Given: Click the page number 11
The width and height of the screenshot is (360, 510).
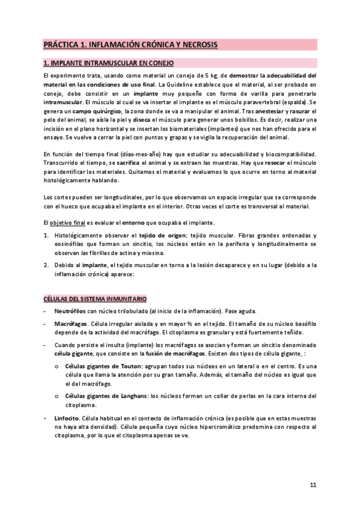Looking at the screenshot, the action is click(313, 485).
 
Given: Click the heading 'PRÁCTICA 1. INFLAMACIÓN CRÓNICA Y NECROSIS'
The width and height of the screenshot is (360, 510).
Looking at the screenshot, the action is click(130, 45).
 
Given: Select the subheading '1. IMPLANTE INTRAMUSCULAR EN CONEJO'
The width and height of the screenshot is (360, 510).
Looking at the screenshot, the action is click(108, 63).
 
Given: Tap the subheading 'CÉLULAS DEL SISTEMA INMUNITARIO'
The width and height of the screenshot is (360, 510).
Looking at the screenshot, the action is click(95, 299).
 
